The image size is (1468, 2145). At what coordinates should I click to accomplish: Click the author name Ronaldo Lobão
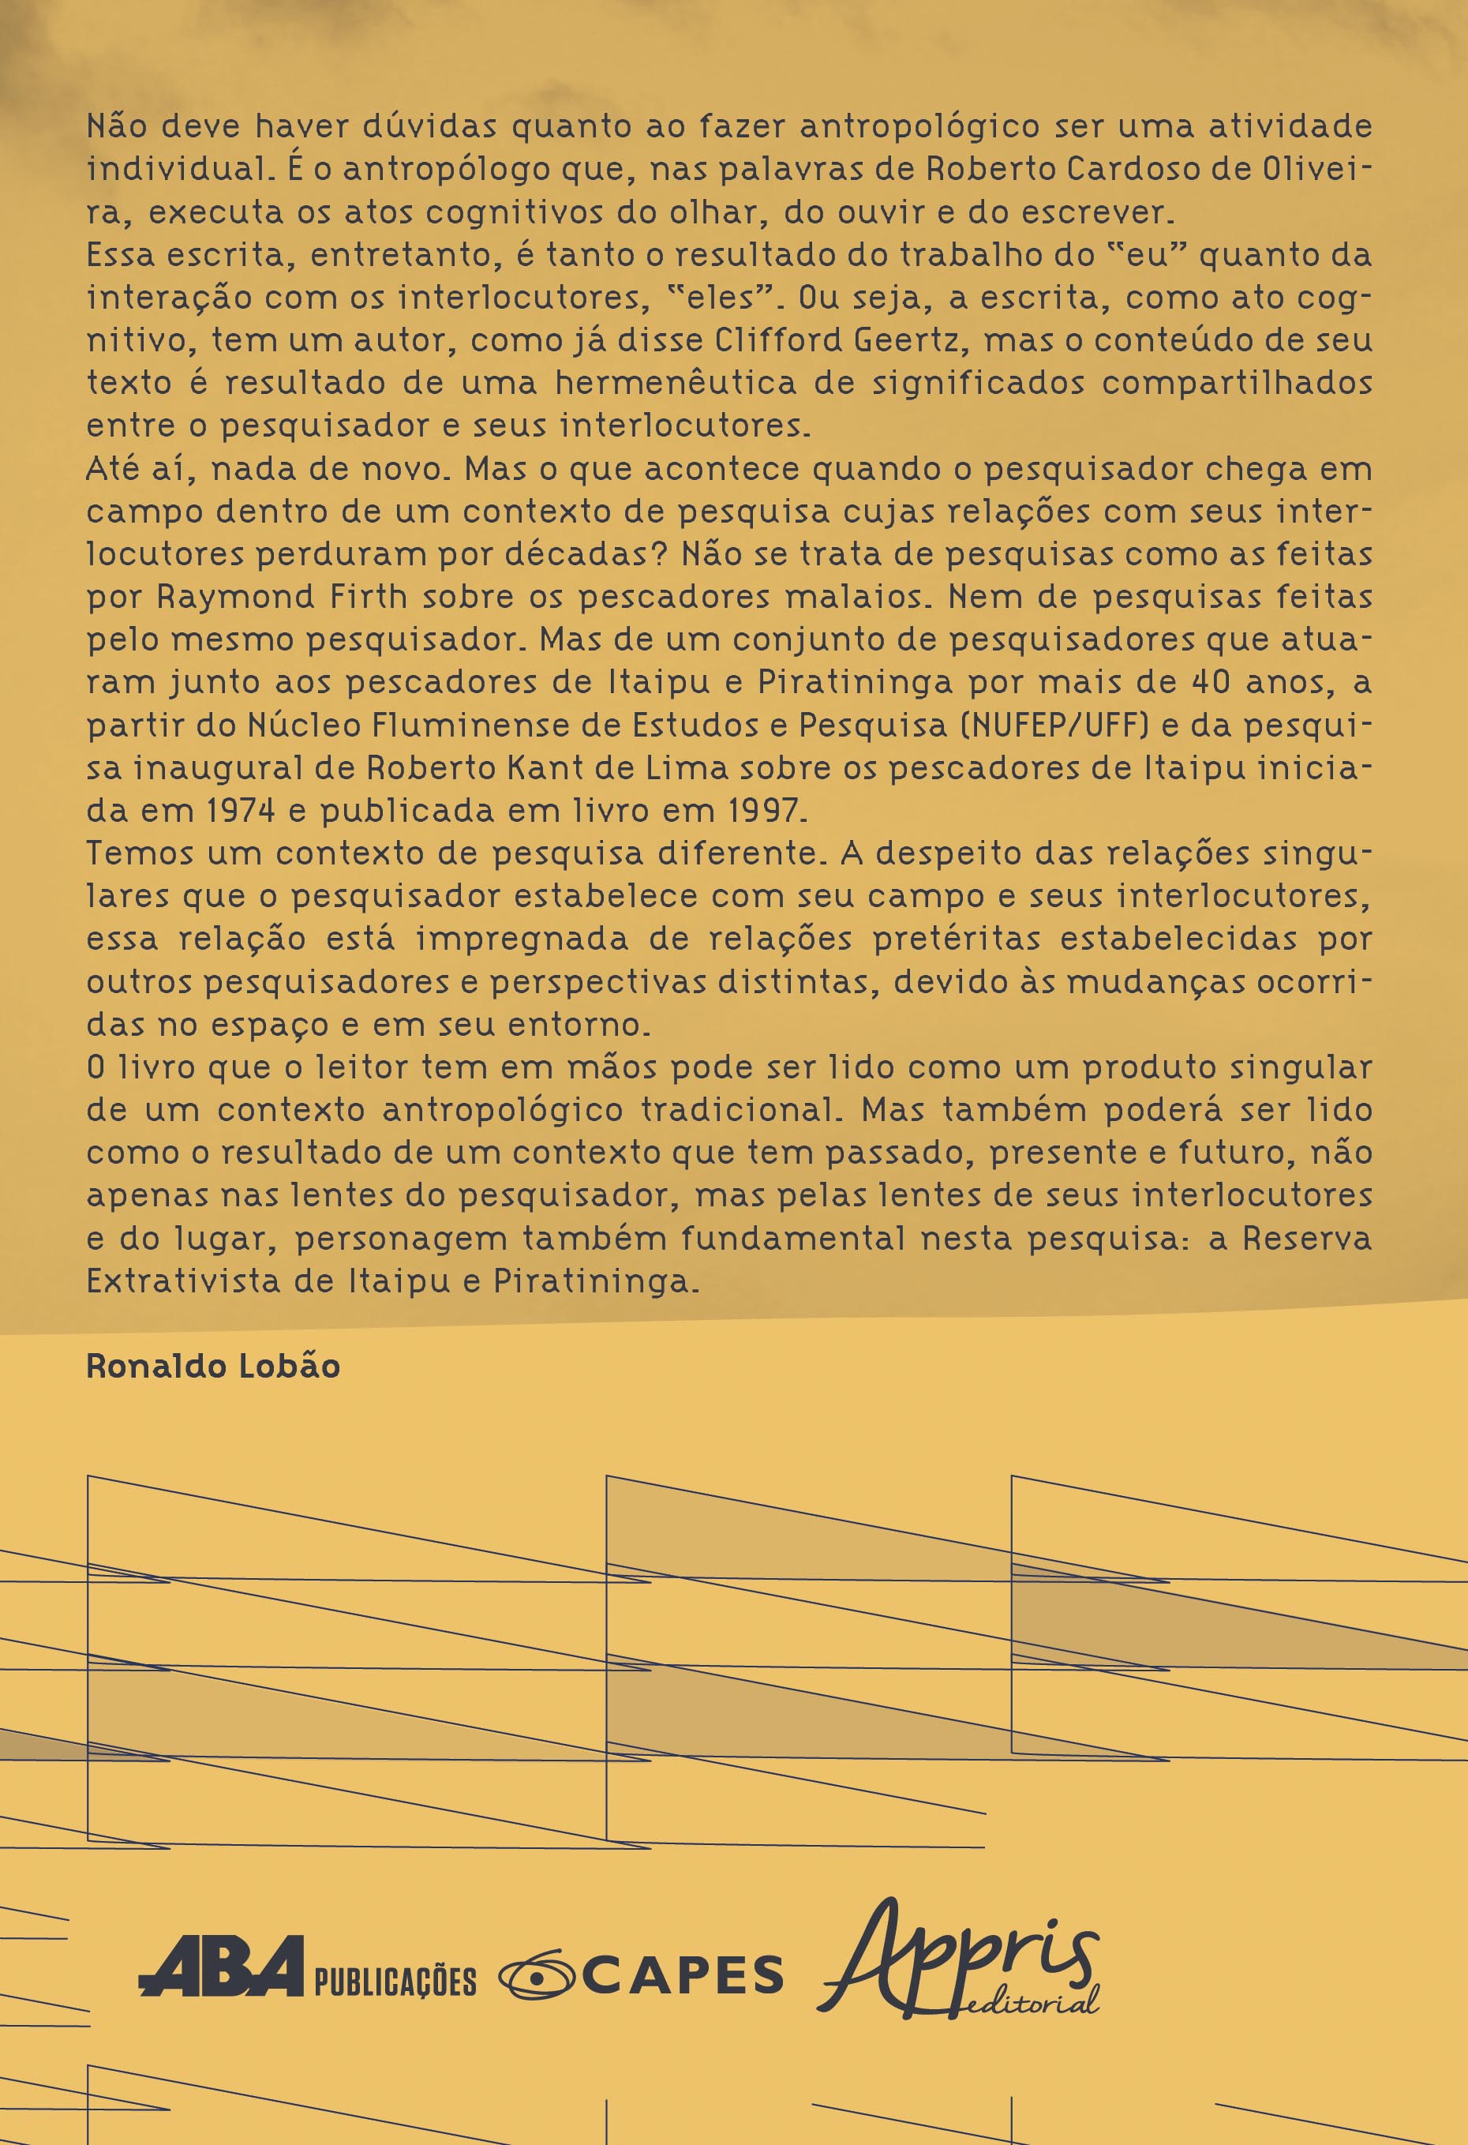[213, 1366]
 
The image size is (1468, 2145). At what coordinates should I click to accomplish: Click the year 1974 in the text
[241, 810]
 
